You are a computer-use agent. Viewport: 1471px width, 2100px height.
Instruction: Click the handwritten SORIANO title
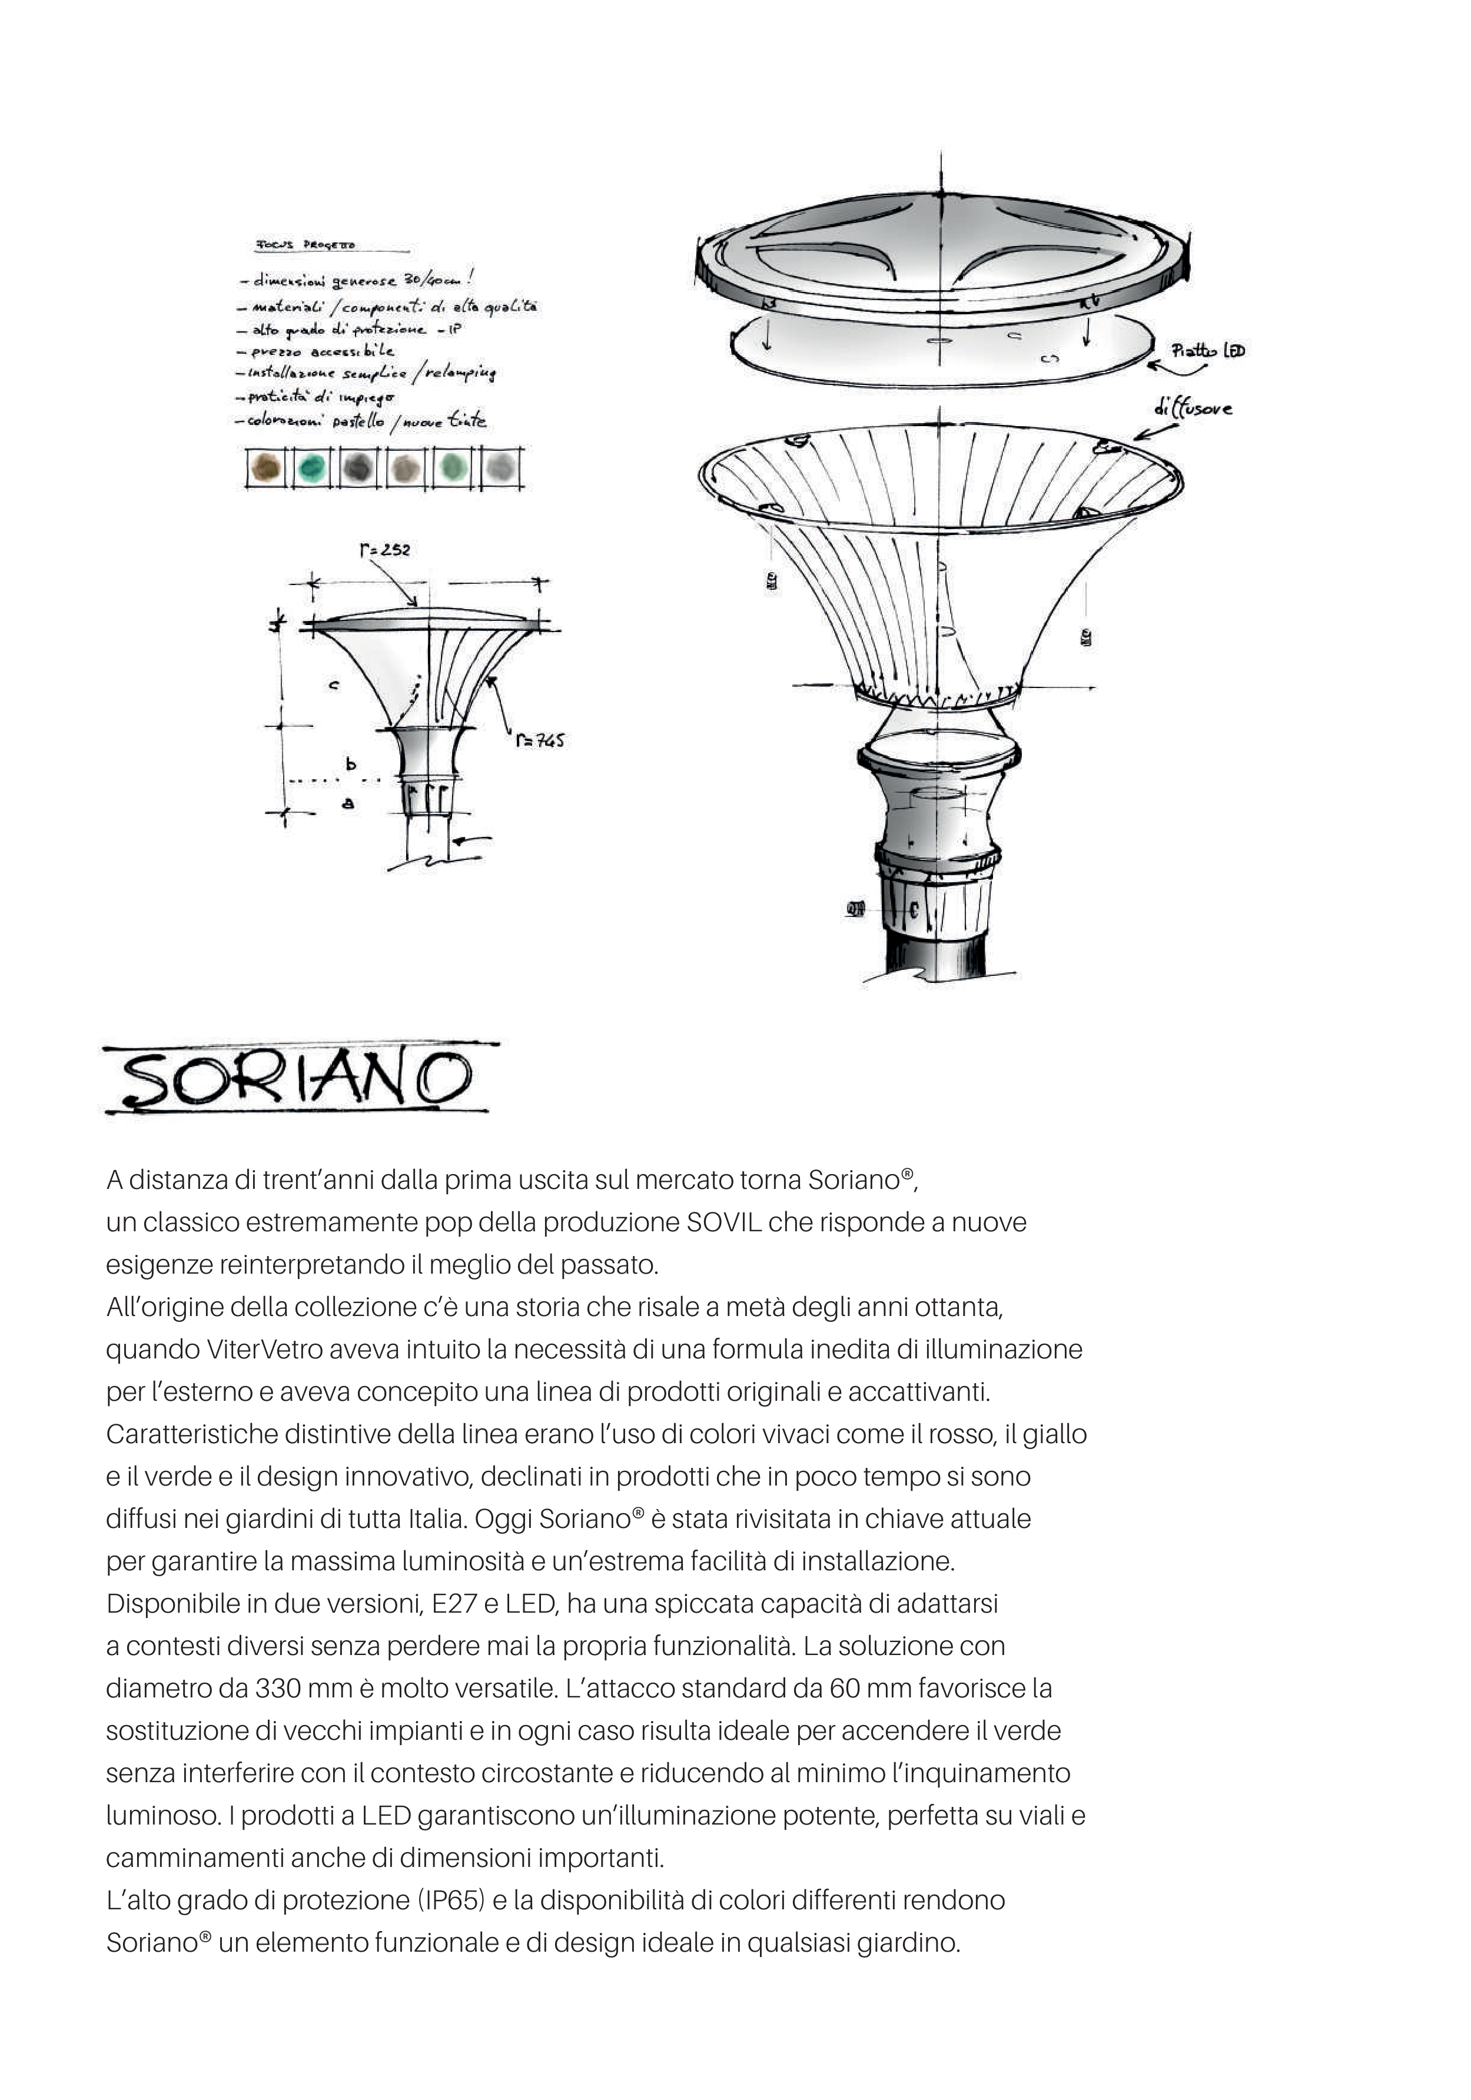(x=297, y=1079)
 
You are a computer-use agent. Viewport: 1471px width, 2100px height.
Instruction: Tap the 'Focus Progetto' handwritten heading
(x=305, y=245)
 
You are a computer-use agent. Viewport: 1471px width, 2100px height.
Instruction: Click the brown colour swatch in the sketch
(x=266, y=468)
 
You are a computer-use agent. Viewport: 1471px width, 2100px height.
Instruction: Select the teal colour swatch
(x=312, y=468)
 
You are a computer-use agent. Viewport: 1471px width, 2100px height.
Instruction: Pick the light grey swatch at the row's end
(x=499, y=468)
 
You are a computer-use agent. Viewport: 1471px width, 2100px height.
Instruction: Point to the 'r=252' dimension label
(x=384, y=550)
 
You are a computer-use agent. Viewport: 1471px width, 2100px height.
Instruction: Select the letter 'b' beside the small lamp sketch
(x=350, y=765)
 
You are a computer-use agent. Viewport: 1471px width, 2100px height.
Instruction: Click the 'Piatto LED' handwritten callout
(x=1207, y=350)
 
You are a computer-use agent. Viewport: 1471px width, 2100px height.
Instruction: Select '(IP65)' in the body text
(x=451, y=1900)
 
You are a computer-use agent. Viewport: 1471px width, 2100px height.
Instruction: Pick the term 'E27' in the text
(x=453, y=1603)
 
